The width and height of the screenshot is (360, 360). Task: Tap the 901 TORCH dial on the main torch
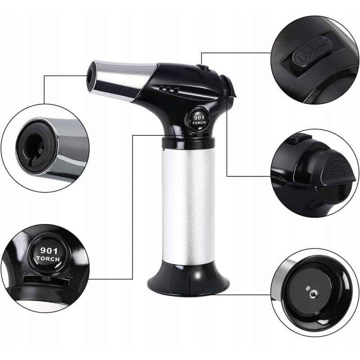pyautogui.click(x=199, y=119)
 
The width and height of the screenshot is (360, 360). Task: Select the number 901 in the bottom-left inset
pyautogui.click(x=49, y=251)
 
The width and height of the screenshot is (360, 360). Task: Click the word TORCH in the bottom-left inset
pyautogui.click(x=48, y=259)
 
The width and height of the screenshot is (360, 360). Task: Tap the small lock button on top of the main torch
pyautogui.click(x=203, y=67)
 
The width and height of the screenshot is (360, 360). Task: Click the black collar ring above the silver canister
pyautogui.click(x=188, y=142)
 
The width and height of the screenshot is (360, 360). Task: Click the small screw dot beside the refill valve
pyautogui.click(x=308, y=288)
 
